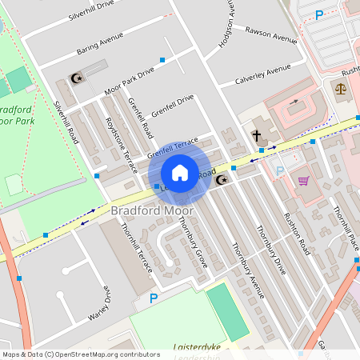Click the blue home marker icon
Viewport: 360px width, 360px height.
pyautogui.click(x=180, y=173)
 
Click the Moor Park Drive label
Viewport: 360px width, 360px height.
pyautogui.click(x=129, y=82)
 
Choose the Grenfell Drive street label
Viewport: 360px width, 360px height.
pyautogui.click(x=173, y=106)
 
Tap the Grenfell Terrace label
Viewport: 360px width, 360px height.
pyautogui.click(x=172, y=146)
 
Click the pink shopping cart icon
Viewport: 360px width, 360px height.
pyautogui.click(x=303, y=180)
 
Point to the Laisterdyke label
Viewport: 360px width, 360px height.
pyautogui.click(x=195, y=348)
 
